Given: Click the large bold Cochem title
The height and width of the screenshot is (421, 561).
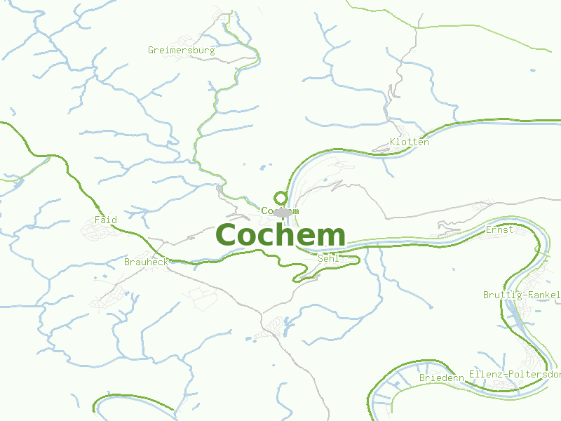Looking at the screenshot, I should (x=280, y=236).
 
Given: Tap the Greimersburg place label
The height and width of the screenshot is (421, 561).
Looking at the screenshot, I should (x=181, y=51).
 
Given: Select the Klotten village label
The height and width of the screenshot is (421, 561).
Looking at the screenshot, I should (x=409, y=142).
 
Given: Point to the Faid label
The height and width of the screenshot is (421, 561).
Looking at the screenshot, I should (x=106, y=220).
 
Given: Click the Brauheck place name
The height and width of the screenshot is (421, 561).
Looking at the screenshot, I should (x=146, y=262).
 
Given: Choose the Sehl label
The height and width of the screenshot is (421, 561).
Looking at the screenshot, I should (x=328, y=258).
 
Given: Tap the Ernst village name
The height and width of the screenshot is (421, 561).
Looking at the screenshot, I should (x=499, y=229).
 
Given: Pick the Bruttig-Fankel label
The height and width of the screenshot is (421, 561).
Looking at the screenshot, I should (x=521, y=295).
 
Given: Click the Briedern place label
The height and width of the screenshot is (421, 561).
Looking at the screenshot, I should (x=442, y=377).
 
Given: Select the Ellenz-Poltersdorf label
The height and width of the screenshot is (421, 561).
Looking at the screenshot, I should (x=515, y=374).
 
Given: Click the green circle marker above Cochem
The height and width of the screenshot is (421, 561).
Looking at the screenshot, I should (x=281, y=197).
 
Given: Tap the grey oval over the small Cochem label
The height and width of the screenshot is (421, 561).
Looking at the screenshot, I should (x=283, y=212).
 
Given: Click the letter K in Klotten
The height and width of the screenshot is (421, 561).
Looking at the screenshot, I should (x=393, y=142).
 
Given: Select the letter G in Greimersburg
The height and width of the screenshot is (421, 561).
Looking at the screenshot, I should (x=151, y=51).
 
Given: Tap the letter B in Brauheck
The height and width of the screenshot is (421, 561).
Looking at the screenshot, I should (x=127, y=262).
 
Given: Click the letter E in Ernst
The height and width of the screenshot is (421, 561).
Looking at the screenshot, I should (x=488, y=229).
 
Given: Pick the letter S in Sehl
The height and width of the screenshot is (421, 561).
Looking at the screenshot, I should (x=320, y=258).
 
